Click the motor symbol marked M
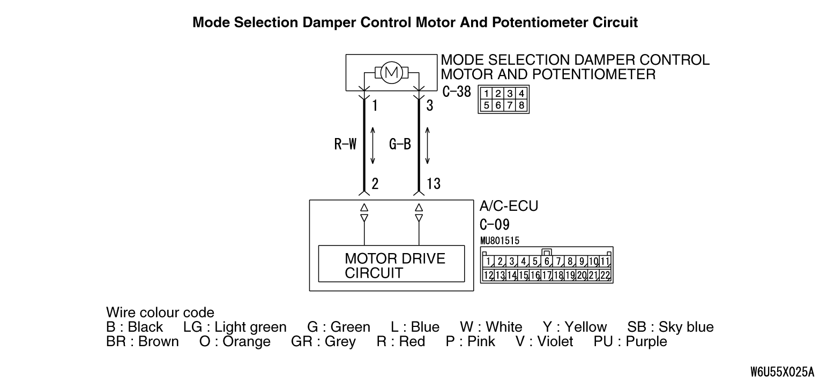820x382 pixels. tap(391, 72)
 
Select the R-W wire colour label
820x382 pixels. tap(345, 144)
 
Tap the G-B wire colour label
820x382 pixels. tap(400, 144)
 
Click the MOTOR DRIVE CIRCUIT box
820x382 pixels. tap(391, 264)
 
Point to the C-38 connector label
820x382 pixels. tap(457, 91)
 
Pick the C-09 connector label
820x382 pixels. tap(495, 225)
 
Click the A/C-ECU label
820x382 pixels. tap(509, 206)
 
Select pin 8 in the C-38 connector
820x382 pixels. tap(521, 105)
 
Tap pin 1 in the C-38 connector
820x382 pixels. tap(486, 94)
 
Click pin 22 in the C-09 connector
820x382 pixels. tap(605, 275)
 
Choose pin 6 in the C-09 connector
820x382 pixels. tap(547, 262)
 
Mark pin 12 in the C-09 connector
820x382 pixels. tap(488, 275)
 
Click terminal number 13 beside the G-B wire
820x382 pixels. tap(434, 184)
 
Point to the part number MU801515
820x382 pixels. tap(500, 241)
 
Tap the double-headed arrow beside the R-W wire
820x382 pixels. tap(372, 146)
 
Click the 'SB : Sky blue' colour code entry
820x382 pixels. tap(670, 327)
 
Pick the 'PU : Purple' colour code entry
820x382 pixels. tap(630, 341)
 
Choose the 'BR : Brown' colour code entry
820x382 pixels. tap(143, 341)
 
